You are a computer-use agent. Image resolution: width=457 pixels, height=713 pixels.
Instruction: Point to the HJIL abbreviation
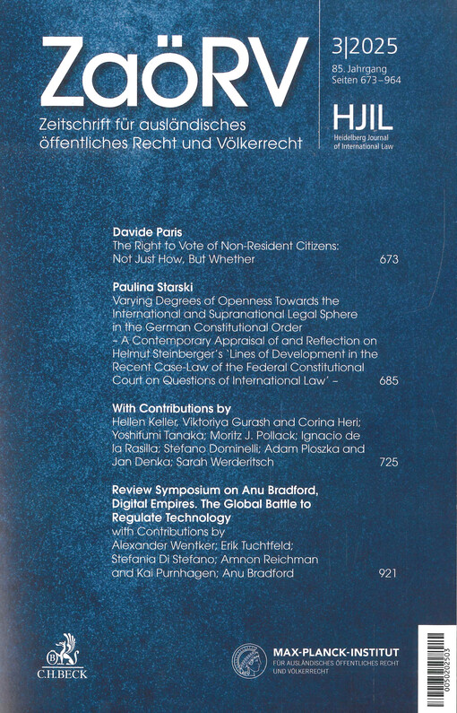pos(351,115)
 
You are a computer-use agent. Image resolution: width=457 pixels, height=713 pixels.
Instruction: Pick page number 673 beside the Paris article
pos(388,260)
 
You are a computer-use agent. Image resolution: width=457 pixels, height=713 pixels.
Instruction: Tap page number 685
pos(388,381)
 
